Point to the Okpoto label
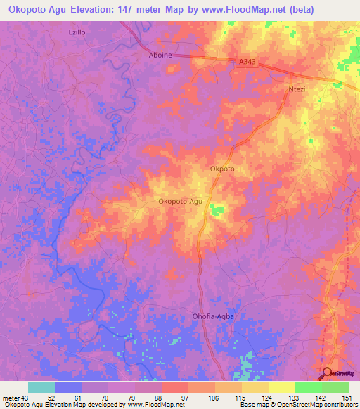(221, 169)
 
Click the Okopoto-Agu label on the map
(181, 202)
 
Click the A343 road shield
(247, 63)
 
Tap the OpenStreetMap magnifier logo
(327, 373)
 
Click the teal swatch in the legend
(41, 387)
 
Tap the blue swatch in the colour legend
(68, 387)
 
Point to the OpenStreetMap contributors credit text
(317, 405)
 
